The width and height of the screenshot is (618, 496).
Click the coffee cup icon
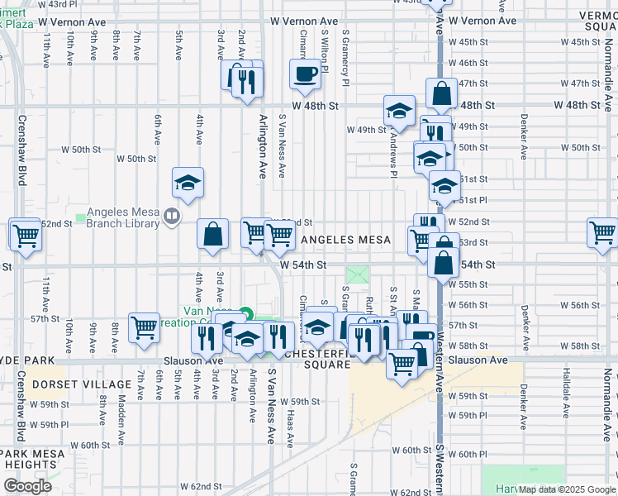coord(305,74)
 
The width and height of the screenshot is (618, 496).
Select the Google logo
coord(27,486)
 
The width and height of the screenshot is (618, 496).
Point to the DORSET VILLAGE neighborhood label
coord(82,384)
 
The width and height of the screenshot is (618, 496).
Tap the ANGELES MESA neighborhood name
coord(346,240)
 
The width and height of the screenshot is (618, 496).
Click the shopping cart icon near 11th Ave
coord(26,235)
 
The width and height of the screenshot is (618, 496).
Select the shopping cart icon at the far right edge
coord(602,233)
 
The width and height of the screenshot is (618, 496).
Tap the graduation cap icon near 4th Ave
coord(188,183)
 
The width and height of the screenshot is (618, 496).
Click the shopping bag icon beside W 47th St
coord(441,94)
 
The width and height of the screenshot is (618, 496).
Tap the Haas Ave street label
coord(290,430)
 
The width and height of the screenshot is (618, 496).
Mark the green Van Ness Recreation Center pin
coord(245,313)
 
